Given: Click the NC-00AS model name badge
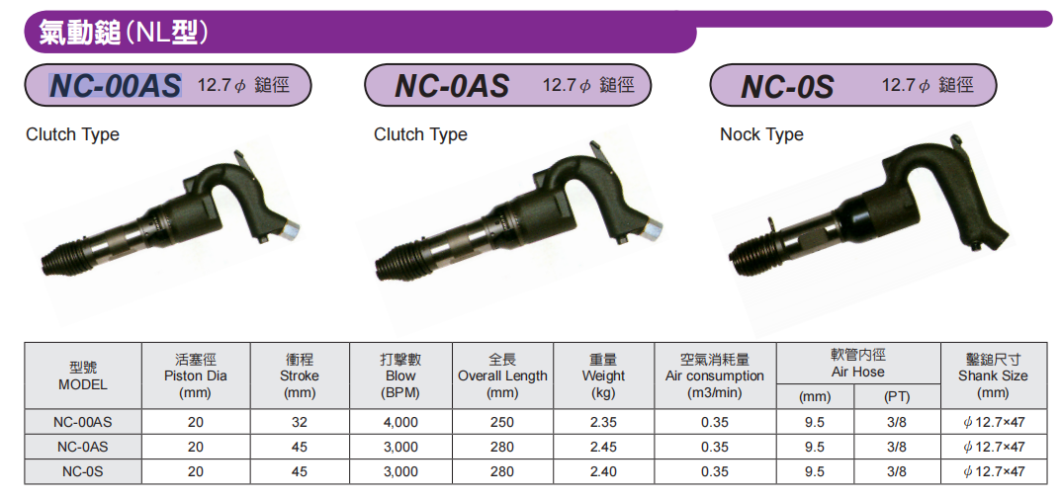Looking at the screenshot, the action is pos(168,86).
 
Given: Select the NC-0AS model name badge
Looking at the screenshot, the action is pos(508,86).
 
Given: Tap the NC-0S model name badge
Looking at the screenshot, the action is pos(853,86).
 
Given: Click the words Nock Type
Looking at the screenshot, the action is pos(761,134).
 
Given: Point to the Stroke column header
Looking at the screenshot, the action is pos(300,375).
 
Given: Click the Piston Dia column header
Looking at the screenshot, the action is pos(196,375).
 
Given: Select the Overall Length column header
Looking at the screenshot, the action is pos(502,375).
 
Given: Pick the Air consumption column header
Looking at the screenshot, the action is pos(715,375).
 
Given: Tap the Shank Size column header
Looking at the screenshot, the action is pos(994,375).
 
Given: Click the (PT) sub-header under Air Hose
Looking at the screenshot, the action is pos(897,397).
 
